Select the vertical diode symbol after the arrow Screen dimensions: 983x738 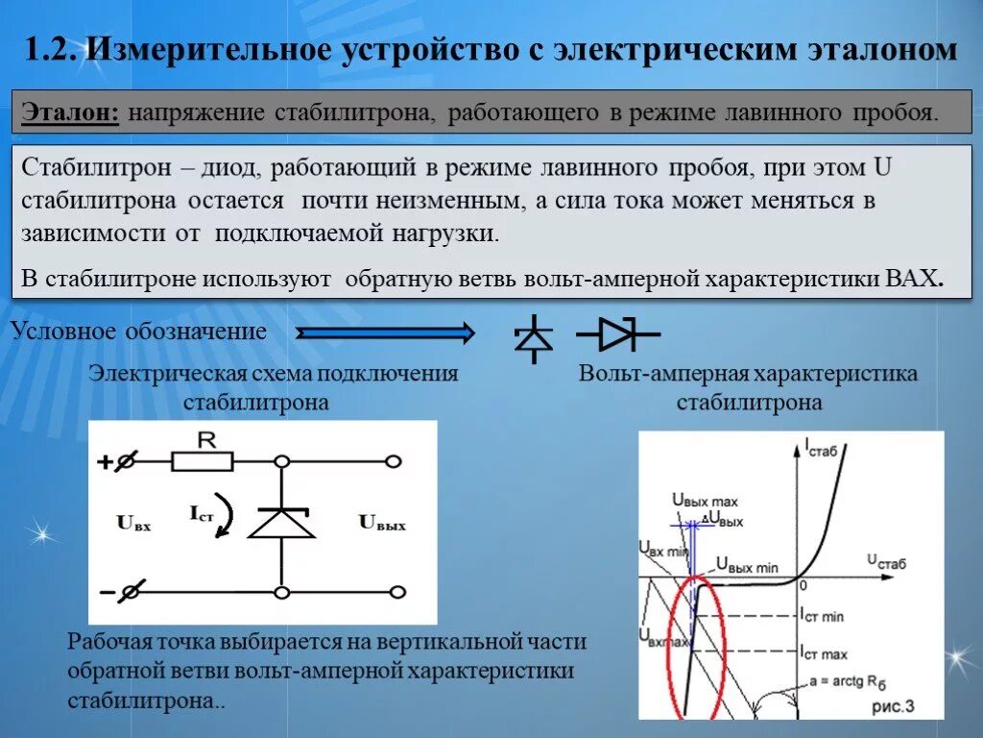pyautogui.click(x=535, y=337)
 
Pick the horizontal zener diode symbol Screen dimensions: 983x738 pyautogui.click(x=617, y=333)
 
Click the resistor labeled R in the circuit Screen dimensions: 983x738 pyautogui.click(x=204, y=461)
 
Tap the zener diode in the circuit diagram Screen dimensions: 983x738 pyautogui.click(x=281, y=524)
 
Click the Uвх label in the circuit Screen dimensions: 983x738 pyautogui.click(x=133, y=524)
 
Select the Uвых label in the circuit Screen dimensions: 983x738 pyautogui.click(x=382, y=524)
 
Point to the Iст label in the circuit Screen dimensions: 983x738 pyautogui.click(x=203, y=516)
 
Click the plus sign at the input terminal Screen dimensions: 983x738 pyautogui.click(x=105, y=462)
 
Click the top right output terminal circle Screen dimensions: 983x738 pyautogui.click(x=392, y=462)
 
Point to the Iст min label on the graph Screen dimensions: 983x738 pyautogui.click(x=822, y=616)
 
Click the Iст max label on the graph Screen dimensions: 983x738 pyautogui.click(x=823, y=653)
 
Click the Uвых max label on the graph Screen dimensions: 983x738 pyautogui.click(x=705, y=501)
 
